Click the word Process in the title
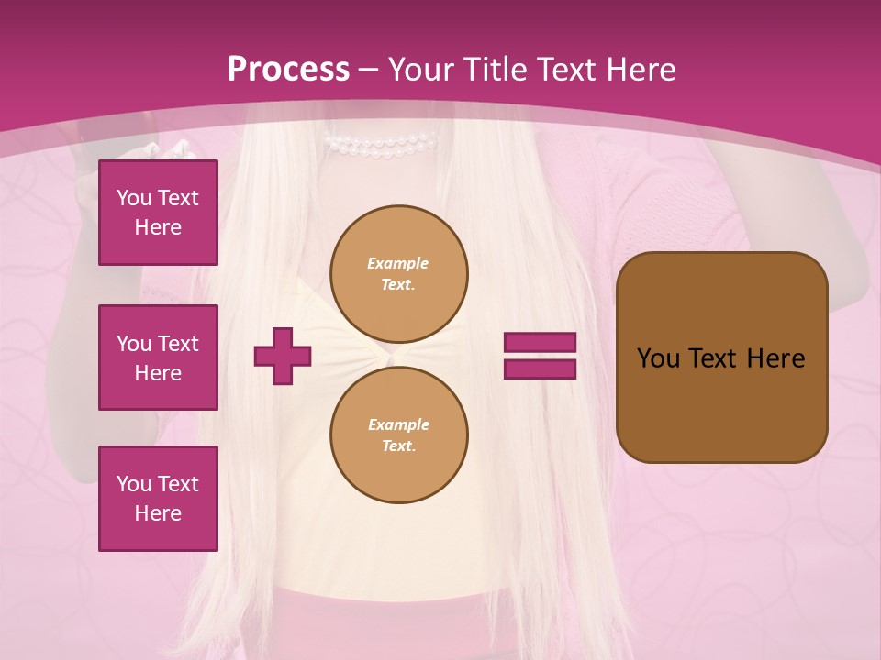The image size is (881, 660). click(x=288, y=70)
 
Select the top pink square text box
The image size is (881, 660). click(x=158, y=213)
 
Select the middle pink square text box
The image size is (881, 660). click(x=158, y=357)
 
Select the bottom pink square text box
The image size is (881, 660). click(x=158, y=499)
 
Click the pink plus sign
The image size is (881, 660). click(x=283, y=356)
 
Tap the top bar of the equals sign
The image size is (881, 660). click(x=540, y=343)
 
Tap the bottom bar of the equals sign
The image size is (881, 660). click(x=540, y=368)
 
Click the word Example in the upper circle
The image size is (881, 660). click(x=398, y=263)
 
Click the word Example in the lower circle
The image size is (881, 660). click(x=398, y=424)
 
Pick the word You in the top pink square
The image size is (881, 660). click(x=133, y=198)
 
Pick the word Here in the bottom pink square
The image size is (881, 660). click(x=158, y=514)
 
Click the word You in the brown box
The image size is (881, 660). click(x=658, y=358)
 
